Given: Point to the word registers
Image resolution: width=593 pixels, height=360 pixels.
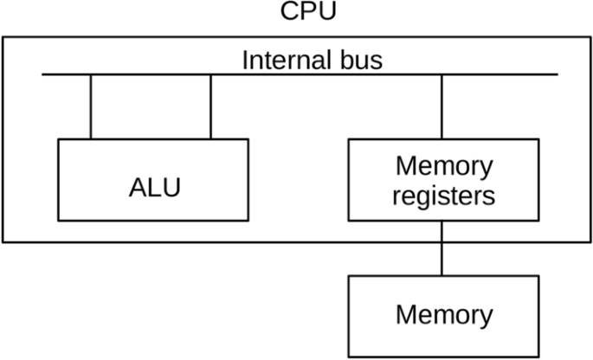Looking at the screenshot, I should tap(443, 196).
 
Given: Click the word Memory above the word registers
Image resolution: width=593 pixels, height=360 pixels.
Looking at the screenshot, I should tap(443, 165).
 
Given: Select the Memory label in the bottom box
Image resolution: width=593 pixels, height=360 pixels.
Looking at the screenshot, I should tap(443, 314).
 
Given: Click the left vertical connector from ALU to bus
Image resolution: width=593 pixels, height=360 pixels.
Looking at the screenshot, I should tap(90, 106).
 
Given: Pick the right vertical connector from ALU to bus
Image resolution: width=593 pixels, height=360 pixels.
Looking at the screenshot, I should tap(210, 106).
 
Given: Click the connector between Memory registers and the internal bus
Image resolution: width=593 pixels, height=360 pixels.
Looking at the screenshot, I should tap(443, 106).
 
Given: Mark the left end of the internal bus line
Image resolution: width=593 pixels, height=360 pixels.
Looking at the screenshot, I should tap(43, 74).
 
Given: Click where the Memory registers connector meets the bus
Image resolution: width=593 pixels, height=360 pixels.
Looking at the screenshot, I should tap(443, 74).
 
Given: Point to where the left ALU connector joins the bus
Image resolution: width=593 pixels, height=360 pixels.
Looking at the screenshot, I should tap(90, 74).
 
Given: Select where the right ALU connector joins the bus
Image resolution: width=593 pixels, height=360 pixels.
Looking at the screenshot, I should tap(210, 74).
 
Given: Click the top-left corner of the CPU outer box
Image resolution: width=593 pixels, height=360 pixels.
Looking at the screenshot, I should tap(3, 37).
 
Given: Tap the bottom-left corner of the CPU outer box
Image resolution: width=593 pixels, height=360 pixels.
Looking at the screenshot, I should tap(3, 241).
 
